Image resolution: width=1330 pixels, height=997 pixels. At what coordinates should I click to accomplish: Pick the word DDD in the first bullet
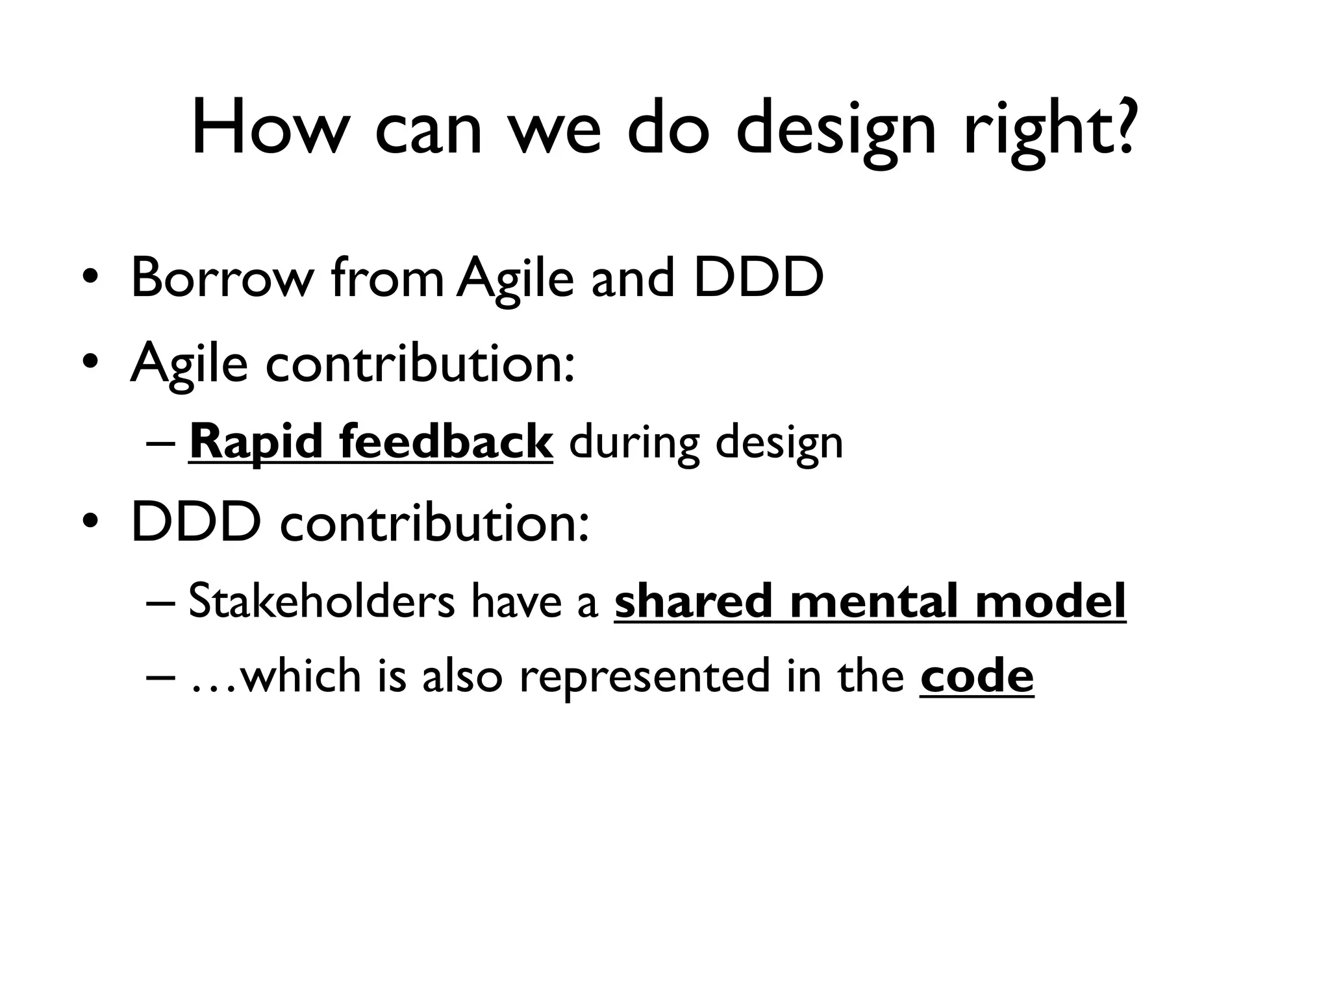tap(758, 278)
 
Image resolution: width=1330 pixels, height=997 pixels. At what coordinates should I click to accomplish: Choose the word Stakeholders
tap(321, 601)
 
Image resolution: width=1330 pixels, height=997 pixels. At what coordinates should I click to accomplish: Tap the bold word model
tap(1050, 601)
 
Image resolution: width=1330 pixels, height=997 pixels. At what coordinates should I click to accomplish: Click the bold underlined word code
tap(976, 676)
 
